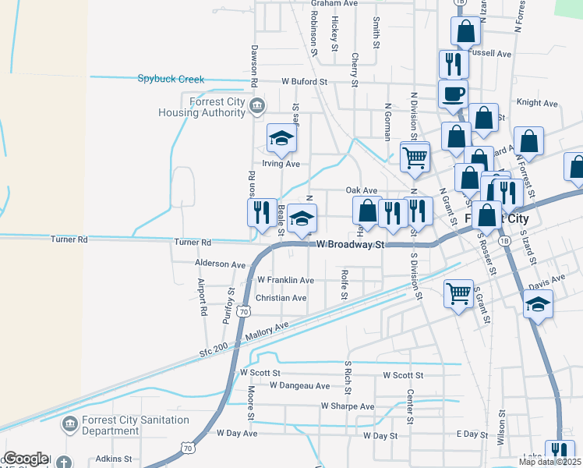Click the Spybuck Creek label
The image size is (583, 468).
171,79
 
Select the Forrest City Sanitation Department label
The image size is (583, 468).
135,425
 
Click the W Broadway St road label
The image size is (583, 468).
351,244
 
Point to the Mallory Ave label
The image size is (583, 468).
266,331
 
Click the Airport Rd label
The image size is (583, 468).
202,297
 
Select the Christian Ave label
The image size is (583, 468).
281,298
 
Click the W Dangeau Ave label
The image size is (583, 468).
299,385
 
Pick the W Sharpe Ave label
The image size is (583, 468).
347,406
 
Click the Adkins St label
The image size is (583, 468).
113,460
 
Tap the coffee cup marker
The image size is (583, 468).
453,95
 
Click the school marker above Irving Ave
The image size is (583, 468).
281,140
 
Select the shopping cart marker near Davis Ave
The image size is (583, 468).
459,295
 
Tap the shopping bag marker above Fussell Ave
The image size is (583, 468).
465,31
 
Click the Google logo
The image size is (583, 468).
26,459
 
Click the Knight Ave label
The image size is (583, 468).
537,103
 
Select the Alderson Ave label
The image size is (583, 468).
220,264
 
